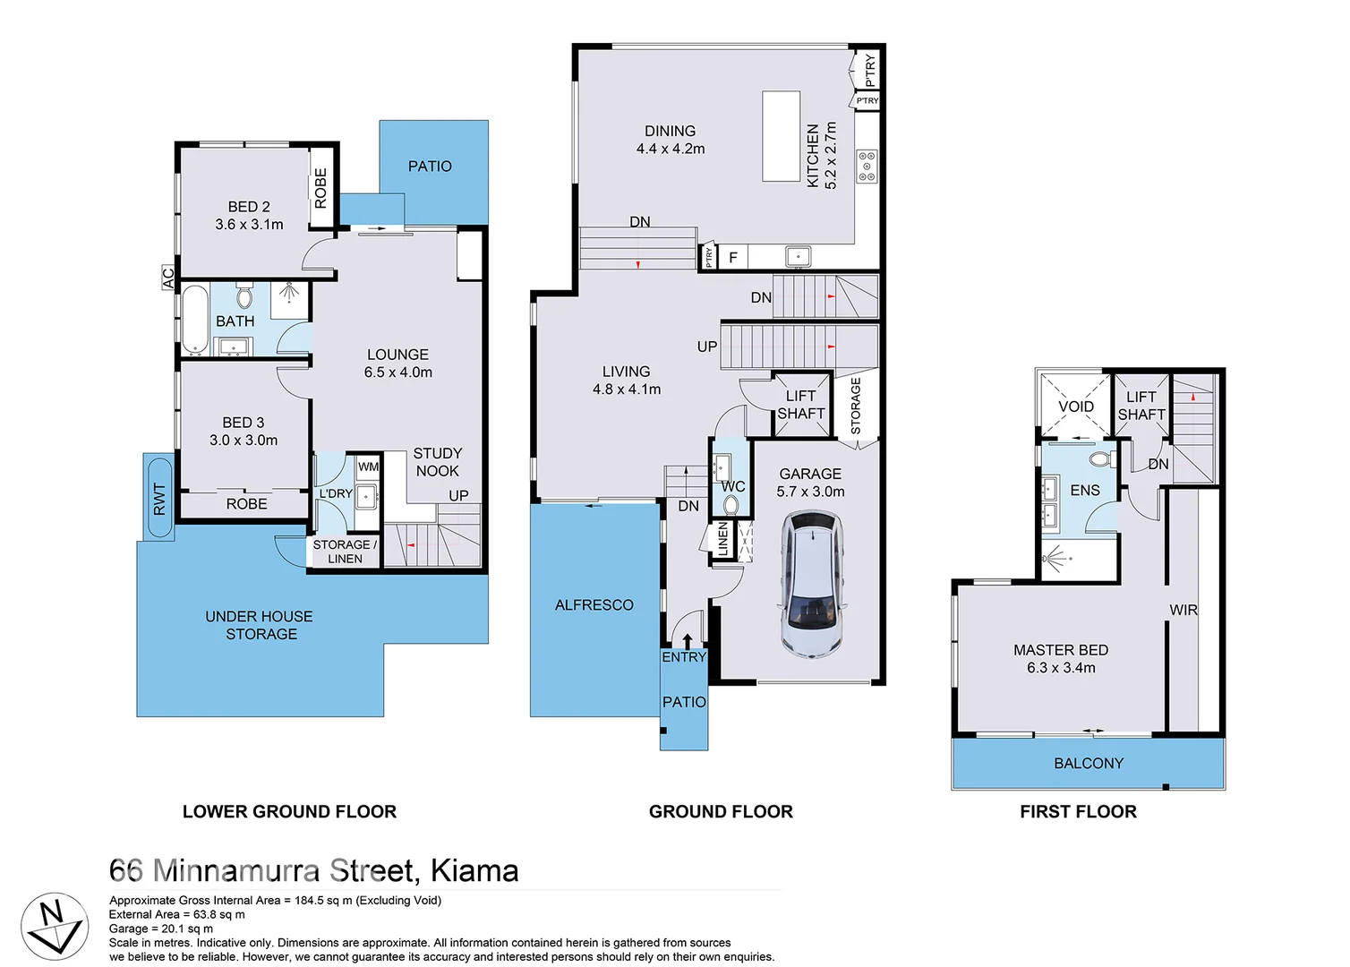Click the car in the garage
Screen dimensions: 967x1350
click(813, 584)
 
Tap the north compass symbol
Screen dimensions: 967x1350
click(55, 925)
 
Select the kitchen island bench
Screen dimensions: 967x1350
click(781, 136)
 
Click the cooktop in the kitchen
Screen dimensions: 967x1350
click(867, 167)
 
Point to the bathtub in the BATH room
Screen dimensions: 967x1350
click(195, 320)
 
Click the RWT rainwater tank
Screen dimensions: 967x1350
click(159, 498)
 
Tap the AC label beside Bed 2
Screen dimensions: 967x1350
click(167, 278)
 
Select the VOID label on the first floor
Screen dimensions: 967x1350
click(1075, 406)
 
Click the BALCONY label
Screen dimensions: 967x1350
click(1088, 763)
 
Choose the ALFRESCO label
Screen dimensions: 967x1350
click(594, 605)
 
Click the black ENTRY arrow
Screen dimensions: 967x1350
click(687, 640)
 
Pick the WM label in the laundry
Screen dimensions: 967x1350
click(368, 466)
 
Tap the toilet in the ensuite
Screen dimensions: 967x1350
click(1100, 459)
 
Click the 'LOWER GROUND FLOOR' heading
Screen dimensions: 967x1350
click(289, 811)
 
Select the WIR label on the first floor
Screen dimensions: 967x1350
click(1183, 610)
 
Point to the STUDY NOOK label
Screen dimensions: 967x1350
click(437, 462)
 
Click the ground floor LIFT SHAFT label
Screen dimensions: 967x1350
click(800, 405)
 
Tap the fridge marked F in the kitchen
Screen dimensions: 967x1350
click(733, 258)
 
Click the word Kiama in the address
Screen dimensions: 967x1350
click(474, 870)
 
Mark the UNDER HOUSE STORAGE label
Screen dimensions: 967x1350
click(260, 625)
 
